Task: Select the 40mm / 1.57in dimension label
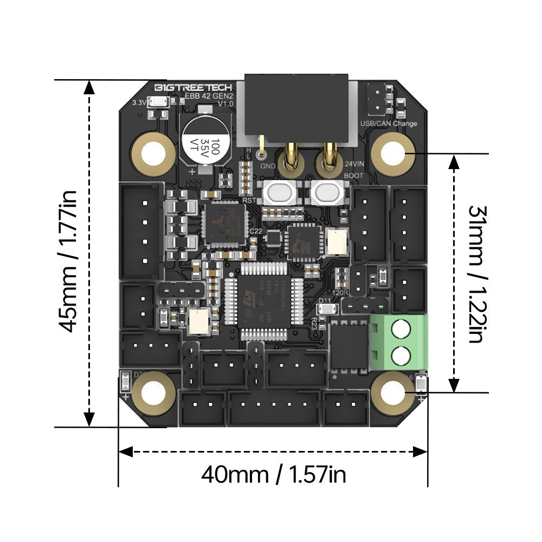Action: point(274,475)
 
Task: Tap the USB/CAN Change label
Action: point(389,124)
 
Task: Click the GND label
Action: point(268,165)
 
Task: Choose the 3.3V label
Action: point(139,101)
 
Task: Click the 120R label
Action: point(342,291)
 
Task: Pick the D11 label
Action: point(325,301)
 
